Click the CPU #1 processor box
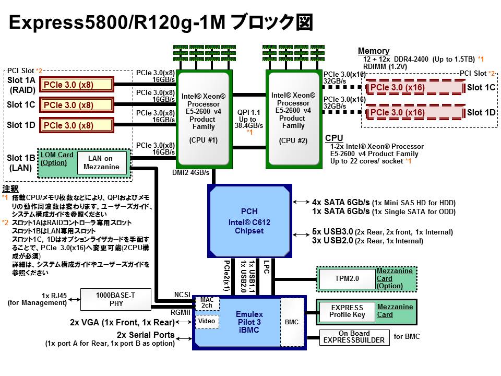click(x=204, y=119)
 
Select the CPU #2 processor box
click(x=293, y=119)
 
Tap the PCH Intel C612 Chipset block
click(x=249, y=221)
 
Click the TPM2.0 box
click(x=347, y=279)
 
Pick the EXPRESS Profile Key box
click(x=347, y=311)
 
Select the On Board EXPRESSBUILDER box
click(x=354, y=337)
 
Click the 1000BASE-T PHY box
click(x=115, y=299)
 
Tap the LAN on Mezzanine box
click(x=101, y=163)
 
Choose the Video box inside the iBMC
click(x=207, y=322)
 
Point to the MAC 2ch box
click(x=207, y=302)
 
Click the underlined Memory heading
click(x=373, y=51)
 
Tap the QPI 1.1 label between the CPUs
click(x=248, y=112)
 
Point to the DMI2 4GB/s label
click(x=190, y=172)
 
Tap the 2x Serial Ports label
click(x=146, y=335)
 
